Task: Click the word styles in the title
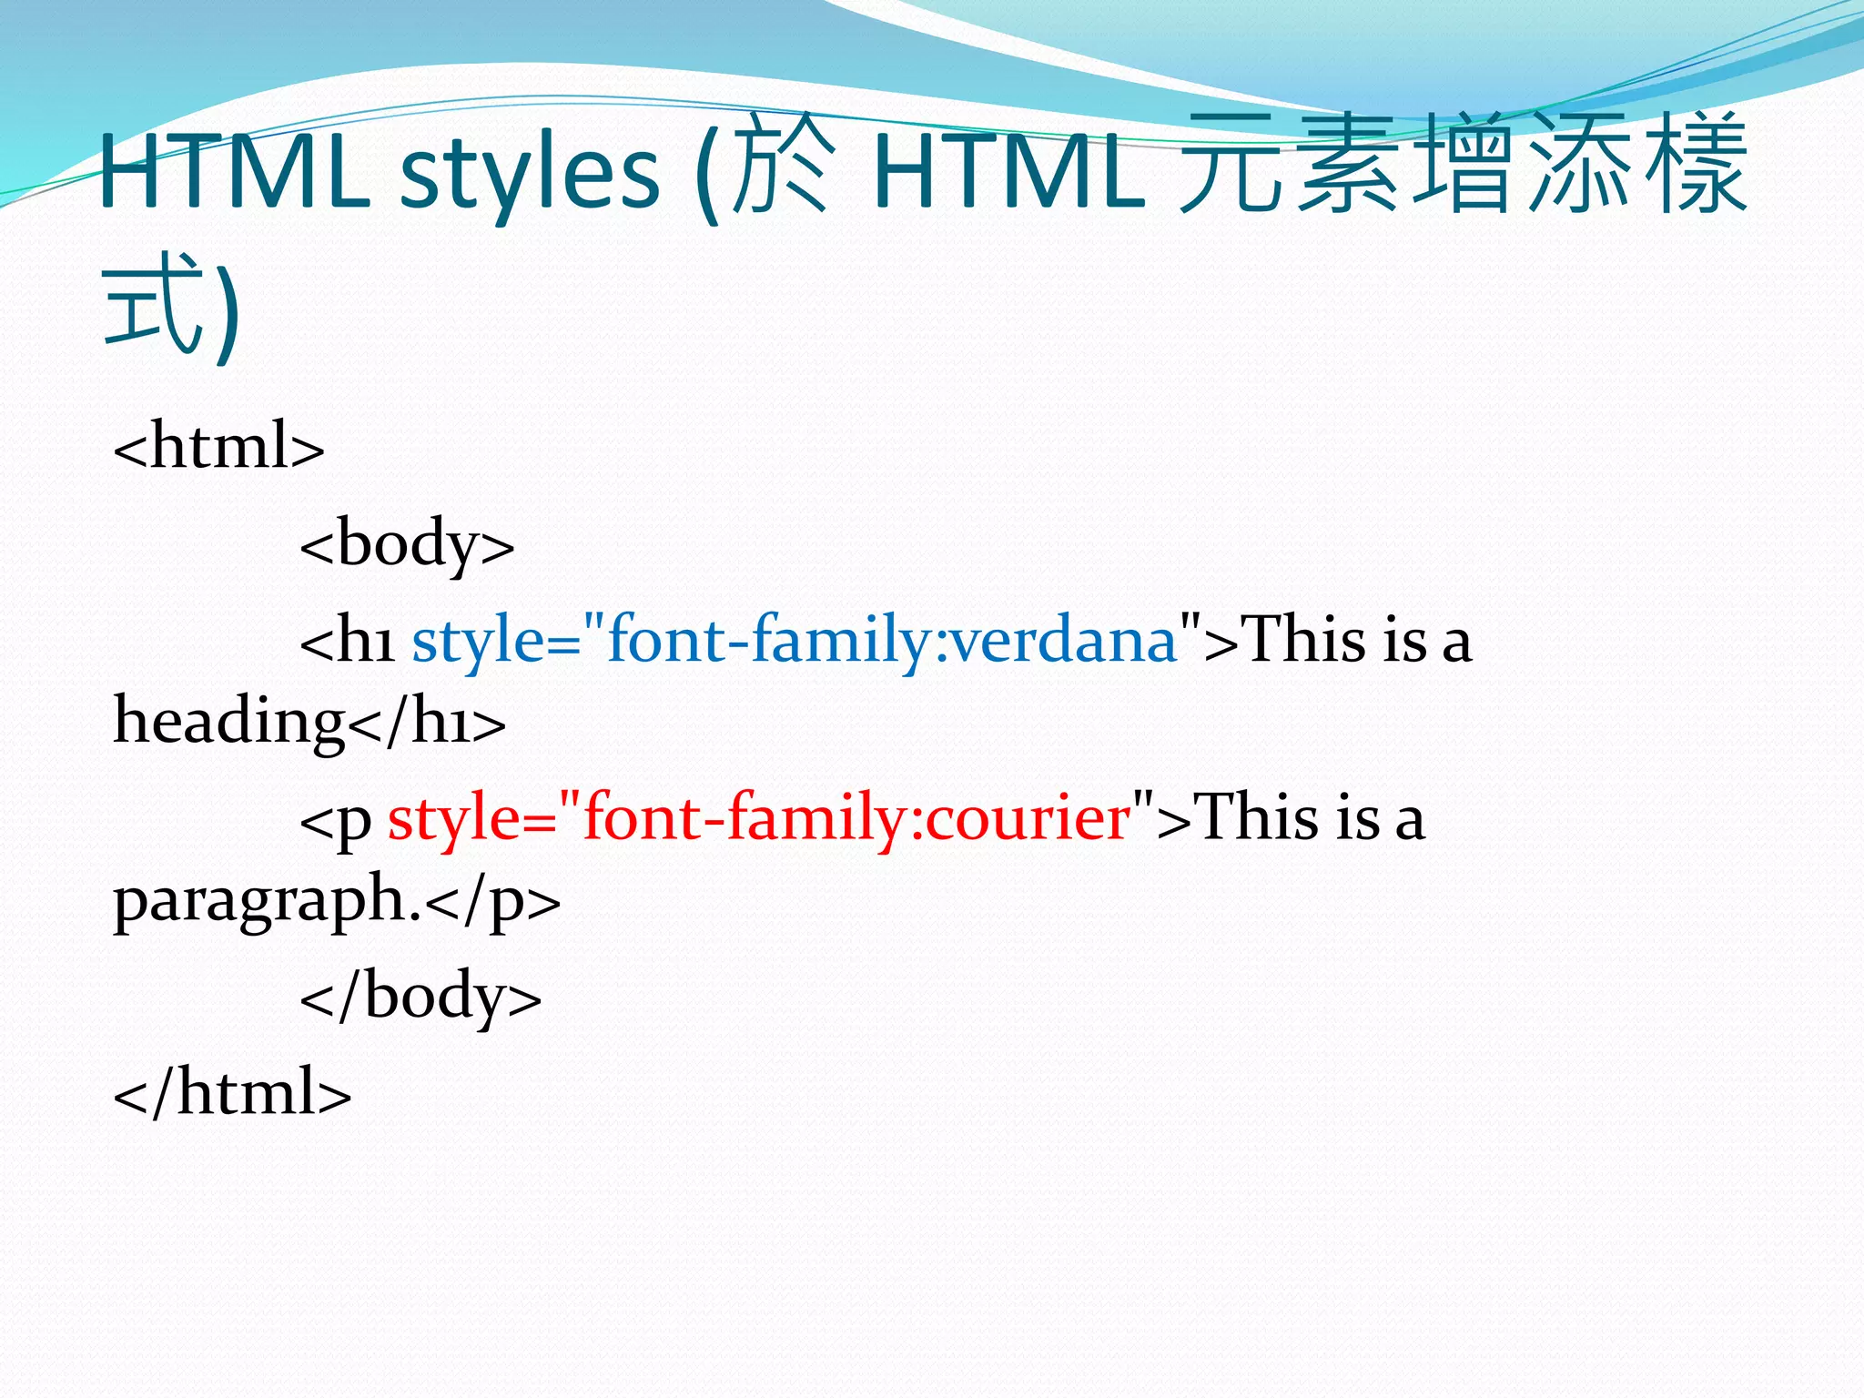529,173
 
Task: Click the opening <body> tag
407,544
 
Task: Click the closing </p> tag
492,900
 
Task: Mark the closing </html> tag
232,1092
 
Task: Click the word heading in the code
228,723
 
